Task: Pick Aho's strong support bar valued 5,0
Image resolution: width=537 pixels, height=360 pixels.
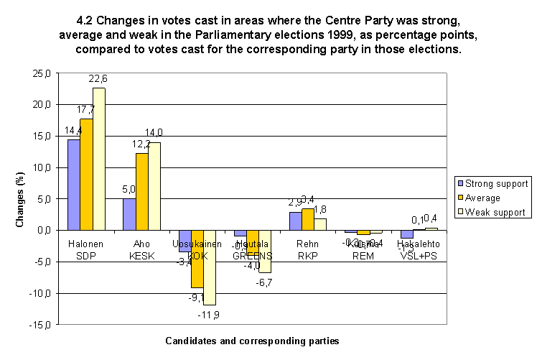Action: (x=130, y=214)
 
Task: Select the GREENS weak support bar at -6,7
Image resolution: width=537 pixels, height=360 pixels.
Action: (x=266, y=251)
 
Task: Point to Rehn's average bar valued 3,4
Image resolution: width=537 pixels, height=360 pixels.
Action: (x=307, y=219)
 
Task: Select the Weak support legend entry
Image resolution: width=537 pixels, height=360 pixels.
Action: (x=495, y=212)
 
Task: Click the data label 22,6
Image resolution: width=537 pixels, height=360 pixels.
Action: (x=98, y=78)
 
